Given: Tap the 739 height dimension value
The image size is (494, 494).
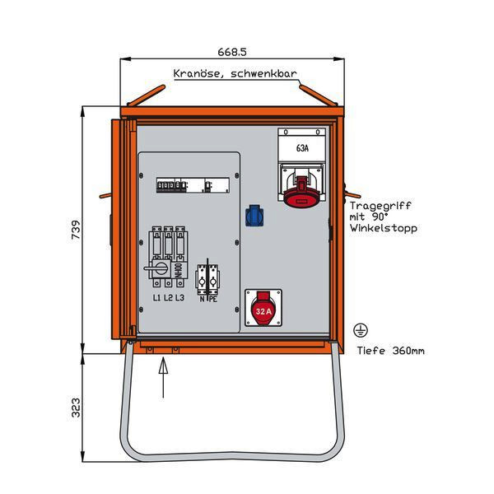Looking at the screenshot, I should coord(75,227).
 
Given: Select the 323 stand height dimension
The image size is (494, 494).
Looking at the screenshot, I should coord(75,407).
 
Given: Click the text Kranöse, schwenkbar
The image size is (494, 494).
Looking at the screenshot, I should coord(235,74).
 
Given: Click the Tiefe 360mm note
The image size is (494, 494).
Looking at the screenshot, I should coord(391,351).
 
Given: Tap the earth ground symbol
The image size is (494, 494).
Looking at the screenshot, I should coord(360,331).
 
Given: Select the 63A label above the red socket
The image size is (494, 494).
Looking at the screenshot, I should coord(302,149).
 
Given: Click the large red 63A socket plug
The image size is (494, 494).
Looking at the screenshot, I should coord(302,191).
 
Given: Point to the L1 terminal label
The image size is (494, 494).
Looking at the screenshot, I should coord(155,297).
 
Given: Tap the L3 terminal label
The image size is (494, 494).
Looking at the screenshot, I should coord(179,297).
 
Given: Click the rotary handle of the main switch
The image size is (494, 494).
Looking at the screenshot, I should coord(154,268).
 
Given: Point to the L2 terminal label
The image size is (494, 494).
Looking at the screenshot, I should coord(167,297).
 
